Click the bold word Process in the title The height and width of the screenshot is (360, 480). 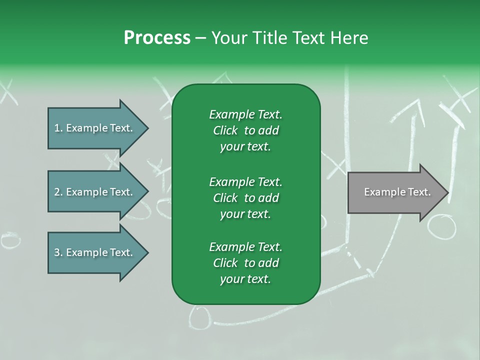click(157, 38)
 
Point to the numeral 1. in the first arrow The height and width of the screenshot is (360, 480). click(58, 128)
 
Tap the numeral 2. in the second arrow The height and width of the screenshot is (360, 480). click(58, 192)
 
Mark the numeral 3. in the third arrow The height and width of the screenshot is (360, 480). click(58, 252)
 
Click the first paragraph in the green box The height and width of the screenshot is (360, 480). click(245, 130)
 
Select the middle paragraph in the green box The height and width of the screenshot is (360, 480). click(245, 198)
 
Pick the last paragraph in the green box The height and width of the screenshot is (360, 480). click(245, 263)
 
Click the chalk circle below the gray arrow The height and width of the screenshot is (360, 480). click(441, 228)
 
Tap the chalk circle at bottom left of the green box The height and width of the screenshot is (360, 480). click(201, 317)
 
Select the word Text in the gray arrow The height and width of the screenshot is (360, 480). click(419, 192)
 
